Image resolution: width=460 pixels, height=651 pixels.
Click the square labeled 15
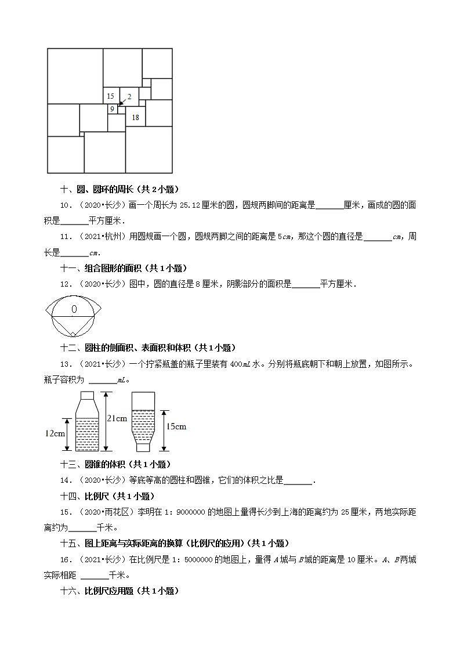(111, 96)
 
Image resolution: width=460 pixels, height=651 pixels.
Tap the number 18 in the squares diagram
(136, 117)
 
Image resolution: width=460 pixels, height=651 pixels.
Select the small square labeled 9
(112, 109)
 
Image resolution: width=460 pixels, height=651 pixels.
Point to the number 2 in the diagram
(129, 97)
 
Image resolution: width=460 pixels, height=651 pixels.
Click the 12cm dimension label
(55, 433)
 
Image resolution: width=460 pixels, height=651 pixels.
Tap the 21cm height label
(117, 418)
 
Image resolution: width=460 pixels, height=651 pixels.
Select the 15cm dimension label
(176, 426)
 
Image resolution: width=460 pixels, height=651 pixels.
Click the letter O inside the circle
(74, 310)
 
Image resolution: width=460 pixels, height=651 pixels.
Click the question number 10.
(66, 205)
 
